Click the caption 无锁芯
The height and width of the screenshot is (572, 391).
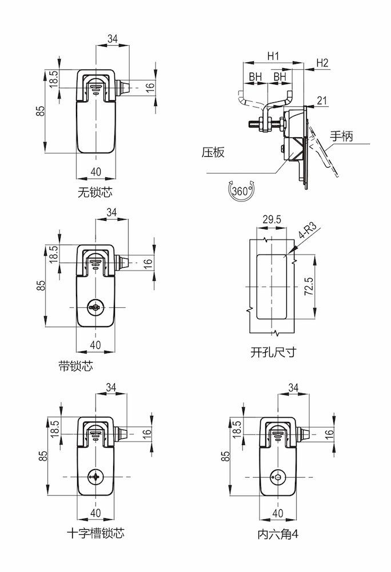(x=95, y=193)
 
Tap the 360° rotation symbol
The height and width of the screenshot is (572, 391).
(x=242, y=191)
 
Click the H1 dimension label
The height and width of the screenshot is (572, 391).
(x=273, y=56)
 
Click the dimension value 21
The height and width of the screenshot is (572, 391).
(x=322, y=101)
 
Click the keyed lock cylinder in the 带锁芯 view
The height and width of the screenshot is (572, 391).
(x=95, y=308)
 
